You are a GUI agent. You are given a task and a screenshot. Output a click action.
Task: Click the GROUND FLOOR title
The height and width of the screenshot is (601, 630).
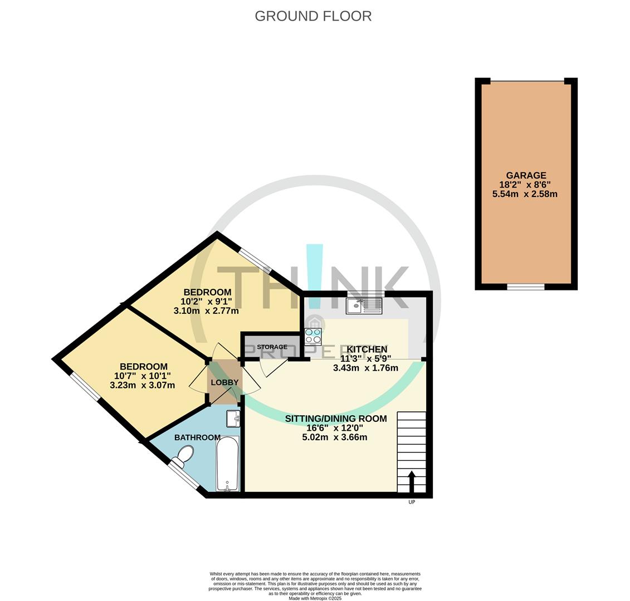(x=313, y=16)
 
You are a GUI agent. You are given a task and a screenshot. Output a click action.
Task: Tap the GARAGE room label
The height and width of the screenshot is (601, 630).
(x=526, y=175)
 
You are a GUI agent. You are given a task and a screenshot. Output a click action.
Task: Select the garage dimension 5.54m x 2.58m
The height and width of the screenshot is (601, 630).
(x=525, y=194)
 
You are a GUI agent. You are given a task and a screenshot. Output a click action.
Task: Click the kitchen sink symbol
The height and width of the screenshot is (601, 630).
(x=364, y=306)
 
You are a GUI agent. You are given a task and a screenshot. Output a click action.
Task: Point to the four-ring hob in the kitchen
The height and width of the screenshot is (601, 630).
(x=313, y=337)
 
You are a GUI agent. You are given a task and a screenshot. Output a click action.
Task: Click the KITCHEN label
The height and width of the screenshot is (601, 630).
(x=367, y=349)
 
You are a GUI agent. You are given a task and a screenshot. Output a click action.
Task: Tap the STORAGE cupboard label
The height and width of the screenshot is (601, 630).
(x=272, y=347)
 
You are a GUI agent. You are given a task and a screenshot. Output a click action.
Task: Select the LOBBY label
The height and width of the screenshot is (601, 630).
(x=224, y=382)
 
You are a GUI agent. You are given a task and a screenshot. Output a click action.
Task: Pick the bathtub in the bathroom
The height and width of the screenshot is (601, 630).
(x=227, y=464)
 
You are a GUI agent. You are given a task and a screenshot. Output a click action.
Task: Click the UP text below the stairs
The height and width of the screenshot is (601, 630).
(x=412, y=502)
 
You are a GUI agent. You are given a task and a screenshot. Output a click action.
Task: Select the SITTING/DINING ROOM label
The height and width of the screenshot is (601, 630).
(x=335, y=418)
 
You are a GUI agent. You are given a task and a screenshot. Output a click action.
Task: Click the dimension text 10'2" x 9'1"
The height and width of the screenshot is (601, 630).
(x=206, y=302)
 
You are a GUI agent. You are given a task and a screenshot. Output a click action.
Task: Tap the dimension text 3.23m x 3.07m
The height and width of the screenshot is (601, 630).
(x=143, y=385)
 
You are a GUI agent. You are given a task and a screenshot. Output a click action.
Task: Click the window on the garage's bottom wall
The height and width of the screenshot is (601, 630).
(x=525, y=287)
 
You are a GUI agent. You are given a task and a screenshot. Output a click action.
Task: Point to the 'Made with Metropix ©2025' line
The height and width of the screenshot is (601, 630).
(x=315, y=598)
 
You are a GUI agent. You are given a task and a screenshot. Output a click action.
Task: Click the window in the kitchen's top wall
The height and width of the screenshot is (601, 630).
(x=365, y=293)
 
